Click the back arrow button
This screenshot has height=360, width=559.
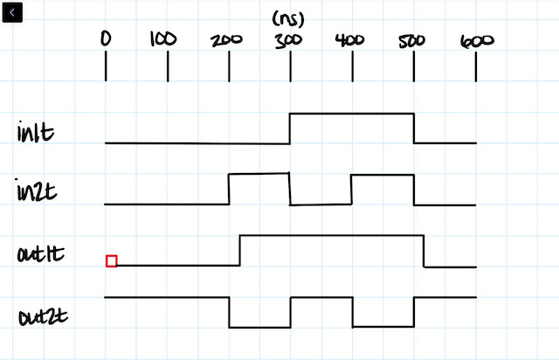tap(13, 13)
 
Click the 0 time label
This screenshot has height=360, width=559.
tap(107, 39)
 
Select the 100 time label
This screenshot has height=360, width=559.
tap(162, 39)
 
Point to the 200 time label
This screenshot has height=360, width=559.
tap(227, 40)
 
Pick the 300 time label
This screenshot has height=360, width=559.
tap(288, 40)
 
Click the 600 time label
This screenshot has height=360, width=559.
tap(477, 40)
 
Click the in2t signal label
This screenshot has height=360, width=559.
tap(37, 190)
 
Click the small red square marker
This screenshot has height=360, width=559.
tap(111, 260)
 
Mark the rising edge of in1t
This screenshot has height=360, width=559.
tap(290, 128)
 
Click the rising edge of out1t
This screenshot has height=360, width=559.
tap(239, 250)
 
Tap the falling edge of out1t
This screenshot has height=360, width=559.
tap(424, 251)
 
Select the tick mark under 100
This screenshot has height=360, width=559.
tap(168, 68)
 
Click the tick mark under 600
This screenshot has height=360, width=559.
tap(476, 68)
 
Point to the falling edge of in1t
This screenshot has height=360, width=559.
tap(414, 128)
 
